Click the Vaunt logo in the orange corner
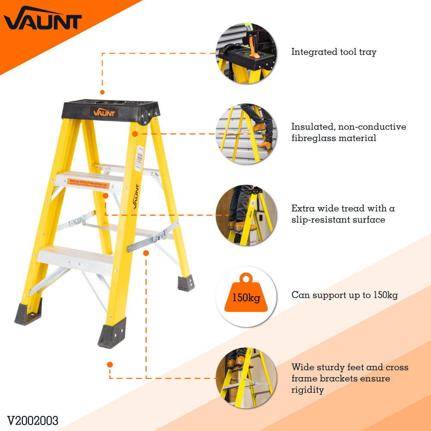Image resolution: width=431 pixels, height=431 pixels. click(42, 19)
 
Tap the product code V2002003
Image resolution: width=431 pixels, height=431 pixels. click(32, 420)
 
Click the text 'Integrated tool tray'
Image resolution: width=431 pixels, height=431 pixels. click(334, 52)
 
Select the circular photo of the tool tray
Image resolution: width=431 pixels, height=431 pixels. click(245, 52)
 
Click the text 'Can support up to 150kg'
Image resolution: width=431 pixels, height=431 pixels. click(344, 295)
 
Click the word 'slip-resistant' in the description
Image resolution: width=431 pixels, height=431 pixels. click(323, 220)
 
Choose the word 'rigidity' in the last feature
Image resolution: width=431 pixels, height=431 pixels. click(307, 390)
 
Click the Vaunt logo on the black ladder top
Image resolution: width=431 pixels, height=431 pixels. click(104, 113)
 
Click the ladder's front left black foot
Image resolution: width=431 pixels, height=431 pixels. click(28, 312)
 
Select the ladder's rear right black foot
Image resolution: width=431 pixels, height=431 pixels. click(186, 283)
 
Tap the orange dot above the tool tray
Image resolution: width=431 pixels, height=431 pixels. click(102, 92)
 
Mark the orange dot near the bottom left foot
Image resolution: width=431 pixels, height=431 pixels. click(110, 364)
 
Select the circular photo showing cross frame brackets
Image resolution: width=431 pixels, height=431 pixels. click(245, 378)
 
